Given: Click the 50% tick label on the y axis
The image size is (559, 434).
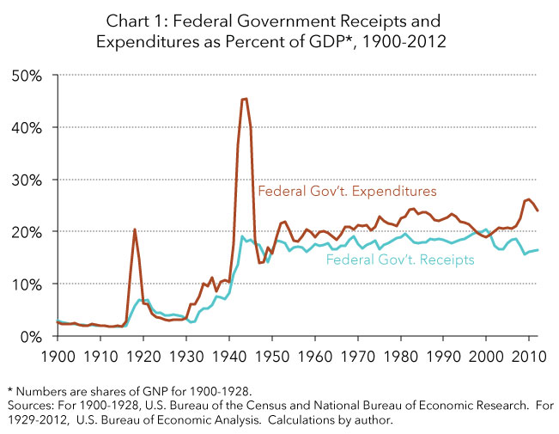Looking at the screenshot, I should tap(27, 75).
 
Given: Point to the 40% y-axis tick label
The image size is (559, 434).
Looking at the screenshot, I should tap(27, 127).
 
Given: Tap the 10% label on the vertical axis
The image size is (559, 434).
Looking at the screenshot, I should tap(27, 284).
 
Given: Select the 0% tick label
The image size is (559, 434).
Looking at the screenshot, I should tap(31, 336).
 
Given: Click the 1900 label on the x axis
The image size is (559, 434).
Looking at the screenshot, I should tap(57, 353).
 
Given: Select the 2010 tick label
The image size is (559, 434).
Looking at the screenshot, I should tap(529, 353).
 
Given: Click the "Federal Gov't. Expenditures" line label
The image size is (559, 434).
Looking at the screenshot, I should tap(347, 190).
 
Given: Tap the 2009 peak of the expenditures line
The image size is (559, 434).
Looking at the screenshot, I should tap(527, 199).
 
